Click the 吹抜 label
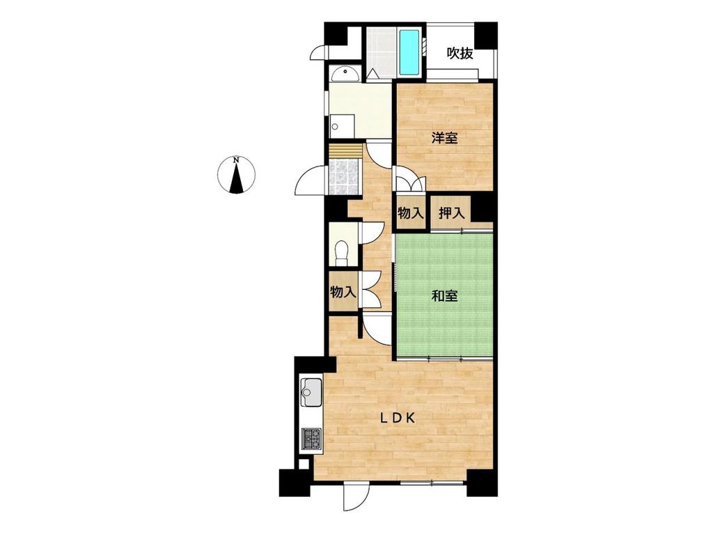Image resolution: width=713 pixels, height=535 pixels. click(x=460, y=53)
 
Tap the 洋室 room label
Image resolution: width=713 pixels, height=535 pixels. click(x=444, y=138)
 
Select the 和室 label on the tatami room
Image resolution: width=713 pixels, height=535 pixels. click(x=444, y=296)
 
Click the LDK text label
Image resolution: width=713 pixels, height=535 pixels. click(x=398, y=419)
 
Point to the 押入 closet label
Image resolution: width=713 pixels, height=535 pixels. click(x=451, y=212)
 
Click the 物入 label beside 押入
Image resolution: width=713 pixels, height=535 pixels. click(x=411, y=212)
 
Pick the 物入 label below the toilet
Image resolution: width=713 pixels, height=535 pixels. click(x=343, y=292)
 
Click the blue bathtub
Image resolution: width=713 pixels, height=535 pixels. click(x=410, y=52)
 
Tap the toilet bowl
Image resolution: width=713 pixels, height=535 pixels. click(x=341, y=251)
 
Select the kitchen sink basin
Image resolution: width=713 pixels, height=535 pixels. click(x=311, y=392)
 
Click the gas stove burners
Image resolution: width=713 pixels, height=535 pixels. click(x=311, y=439)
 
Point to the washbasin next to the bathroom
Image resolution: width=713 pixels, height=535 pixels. click(x=345, y=72)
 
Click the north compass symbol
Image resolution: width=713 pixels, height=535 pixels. click(x=236, y=175)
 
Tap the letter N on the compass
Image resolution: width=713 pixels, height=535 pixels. click(x=236, y=160)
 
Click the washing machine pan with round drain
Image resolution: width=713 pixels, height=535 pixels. click(x=342, y=125)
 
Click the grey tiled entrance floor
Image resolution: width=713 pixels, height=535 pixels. click(x=344, y=177)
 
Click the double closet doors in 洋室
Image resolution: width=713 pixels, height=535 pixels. click(x=411, y=181)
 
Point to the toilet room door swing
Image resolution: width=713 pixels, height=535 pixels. click(x=373, y=233)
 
